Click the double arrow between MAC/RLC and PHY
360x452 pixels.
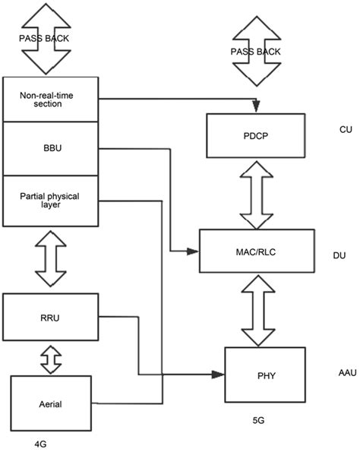pyautogui.click(x=257, y=310)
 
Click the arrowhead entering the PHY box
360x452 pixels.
pyautogui.click(x=219, y=374)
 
